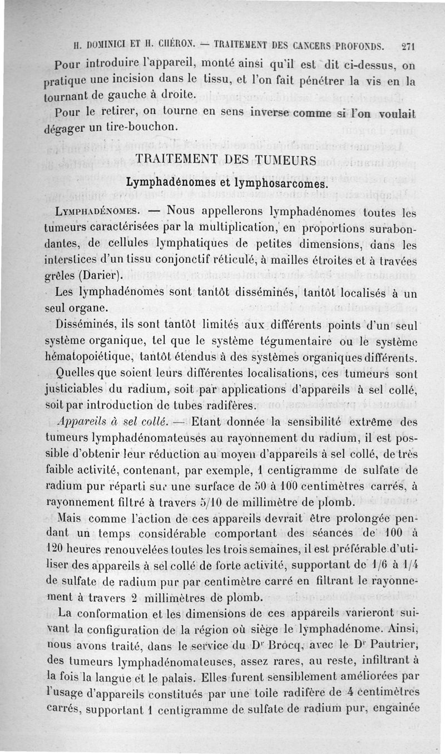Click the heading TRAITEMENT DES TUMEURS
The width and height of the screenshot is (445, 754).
pos(226,160)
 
